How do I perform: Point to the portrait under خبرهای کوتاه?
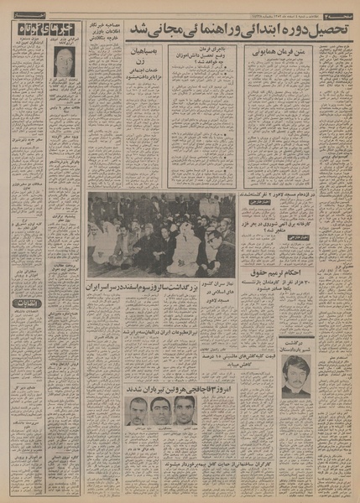64,60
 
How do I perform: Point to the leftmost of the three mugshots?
134,412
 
